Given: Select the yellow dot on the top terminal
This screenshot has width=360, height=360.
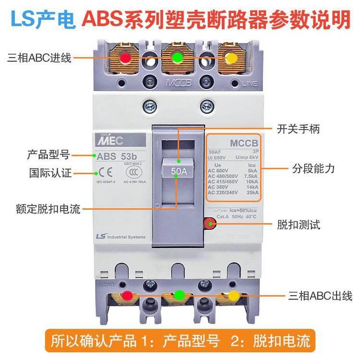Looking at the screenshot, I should point(230,58).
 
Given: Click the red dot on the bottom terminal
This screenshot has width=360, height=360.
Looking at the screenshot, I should point(127,295).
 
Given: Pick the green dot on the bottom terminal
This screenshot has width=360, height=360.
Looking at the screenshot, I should point(180,295).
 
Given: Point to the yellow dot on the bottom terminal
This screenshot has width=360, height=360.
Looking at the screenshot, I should point(233,295).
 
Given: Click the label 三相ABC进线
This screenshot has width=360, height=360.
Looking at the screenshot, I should point(39,58).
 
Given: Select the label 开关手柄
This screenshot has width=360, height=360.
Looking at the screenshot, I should point(298,129).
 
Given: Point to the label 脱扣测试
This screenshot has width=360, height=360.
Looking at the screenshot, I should point(298,225).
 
